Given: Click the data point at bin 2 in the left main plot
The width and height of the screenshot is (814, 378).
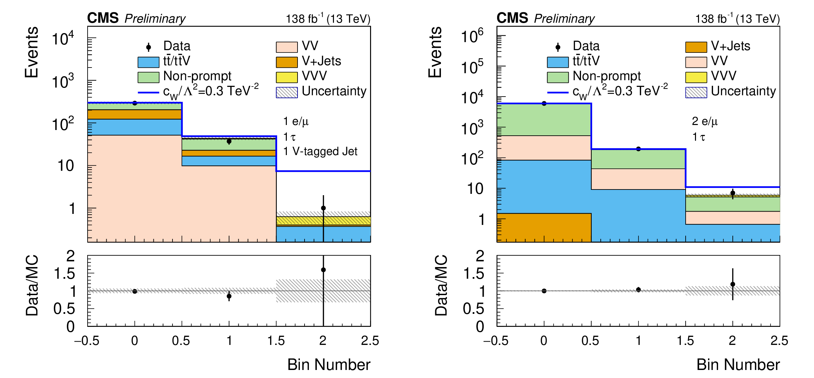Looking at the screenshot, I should coord(323,208).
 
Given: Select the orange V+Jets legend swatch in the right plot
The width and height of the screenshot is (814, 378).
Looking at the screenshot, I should coord(696,47).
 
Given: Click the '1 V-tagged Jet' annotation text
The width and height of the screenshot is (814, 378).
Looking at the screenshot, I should coord(320,151).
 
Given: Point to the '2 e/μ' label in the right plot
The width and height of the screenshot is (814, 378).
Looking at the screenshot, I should coord(705,121).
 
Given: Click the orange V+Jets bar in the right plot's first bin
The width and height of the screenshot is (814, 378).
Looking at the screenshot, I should coord(544,227).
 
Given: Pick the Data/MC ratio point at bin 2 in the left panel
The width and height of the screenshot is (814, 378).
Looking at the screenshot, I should coord(323,270).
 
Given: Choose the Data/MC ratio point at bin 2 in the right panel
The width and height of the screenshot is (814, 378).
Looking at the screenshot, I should coord(733,284).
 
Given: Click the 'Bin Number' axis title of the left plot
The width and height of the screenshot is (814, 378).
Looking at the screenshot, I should coord(329,365).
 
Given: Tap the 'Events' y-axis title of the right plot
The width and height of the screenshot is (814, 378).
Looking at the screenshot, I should coord(435,52).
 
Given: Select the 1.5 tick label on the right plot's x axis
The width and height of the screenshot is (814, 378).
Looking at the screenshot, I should coord(685,341).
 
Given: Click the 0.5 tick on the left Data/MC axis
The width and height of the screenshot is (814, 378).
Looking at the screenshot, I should coord(64,309).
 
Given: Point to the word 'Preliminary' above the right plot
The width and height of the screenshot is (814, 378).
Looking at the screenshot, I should coord(564,19).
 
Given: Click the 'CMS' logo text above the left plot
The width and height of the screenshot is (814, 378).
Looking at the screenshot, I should coord(103,18).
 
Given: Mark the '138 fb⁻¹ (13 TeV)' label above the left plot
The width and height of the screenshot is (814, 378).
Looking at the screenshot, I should coord(328,19).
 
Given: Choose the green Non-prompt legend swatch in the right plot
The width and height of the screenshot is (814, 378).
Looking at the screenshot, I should coord(558,77).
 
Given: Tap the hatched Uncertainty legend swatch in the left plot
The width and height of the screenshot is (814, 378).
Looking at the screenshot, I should coord(286,92).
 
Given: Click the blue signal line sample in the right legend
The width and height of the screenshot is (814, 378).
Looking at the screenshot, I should coord(558,92).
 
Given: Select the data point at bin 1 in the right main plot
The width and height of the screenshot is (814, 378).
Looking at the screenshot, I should coord(638,149).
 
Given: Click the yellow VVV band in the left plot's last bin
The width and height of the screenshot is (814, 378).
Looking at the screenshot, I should coord(323,221).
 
